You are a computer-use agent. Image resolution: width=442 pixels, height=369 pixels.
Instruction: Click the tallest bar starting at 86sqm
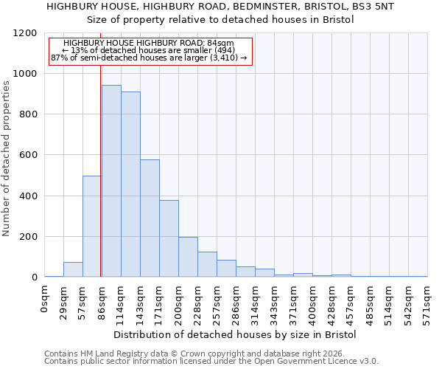[x=111, y=181]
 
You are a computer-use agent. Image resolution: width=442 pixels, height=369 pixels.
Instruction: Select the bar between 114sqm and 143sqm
[x=130, y=184]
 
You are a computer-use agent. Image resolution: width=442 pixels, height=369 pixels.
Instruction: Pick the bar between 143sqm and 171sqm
[x=150, y=218]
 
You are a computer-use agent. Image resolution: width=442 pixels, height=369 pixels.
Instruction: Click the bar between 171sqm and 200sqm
[x=169, y=238]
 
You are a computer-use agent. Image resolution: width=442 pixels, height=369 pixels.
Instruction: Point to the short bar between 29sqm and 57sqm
[x=73, y=269]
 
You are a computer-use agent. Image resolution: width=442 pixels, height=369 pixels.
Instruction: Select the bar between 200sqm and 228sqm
[x=188, y=257]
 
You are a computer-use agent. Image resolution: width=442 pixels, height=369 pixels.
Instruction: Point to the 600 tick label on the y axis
[x=28, y=155]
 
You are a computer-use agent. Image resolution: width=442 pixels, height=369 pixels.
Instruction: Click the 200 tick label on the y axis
[x=28, y=237]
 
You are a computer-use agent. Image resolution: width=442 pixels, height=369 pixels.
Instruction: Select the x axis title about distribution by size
[x=235, y=334]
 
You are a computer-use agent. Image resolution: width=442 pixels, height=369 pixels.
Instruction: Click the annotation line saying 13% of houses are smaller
[x=150, y=51]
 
